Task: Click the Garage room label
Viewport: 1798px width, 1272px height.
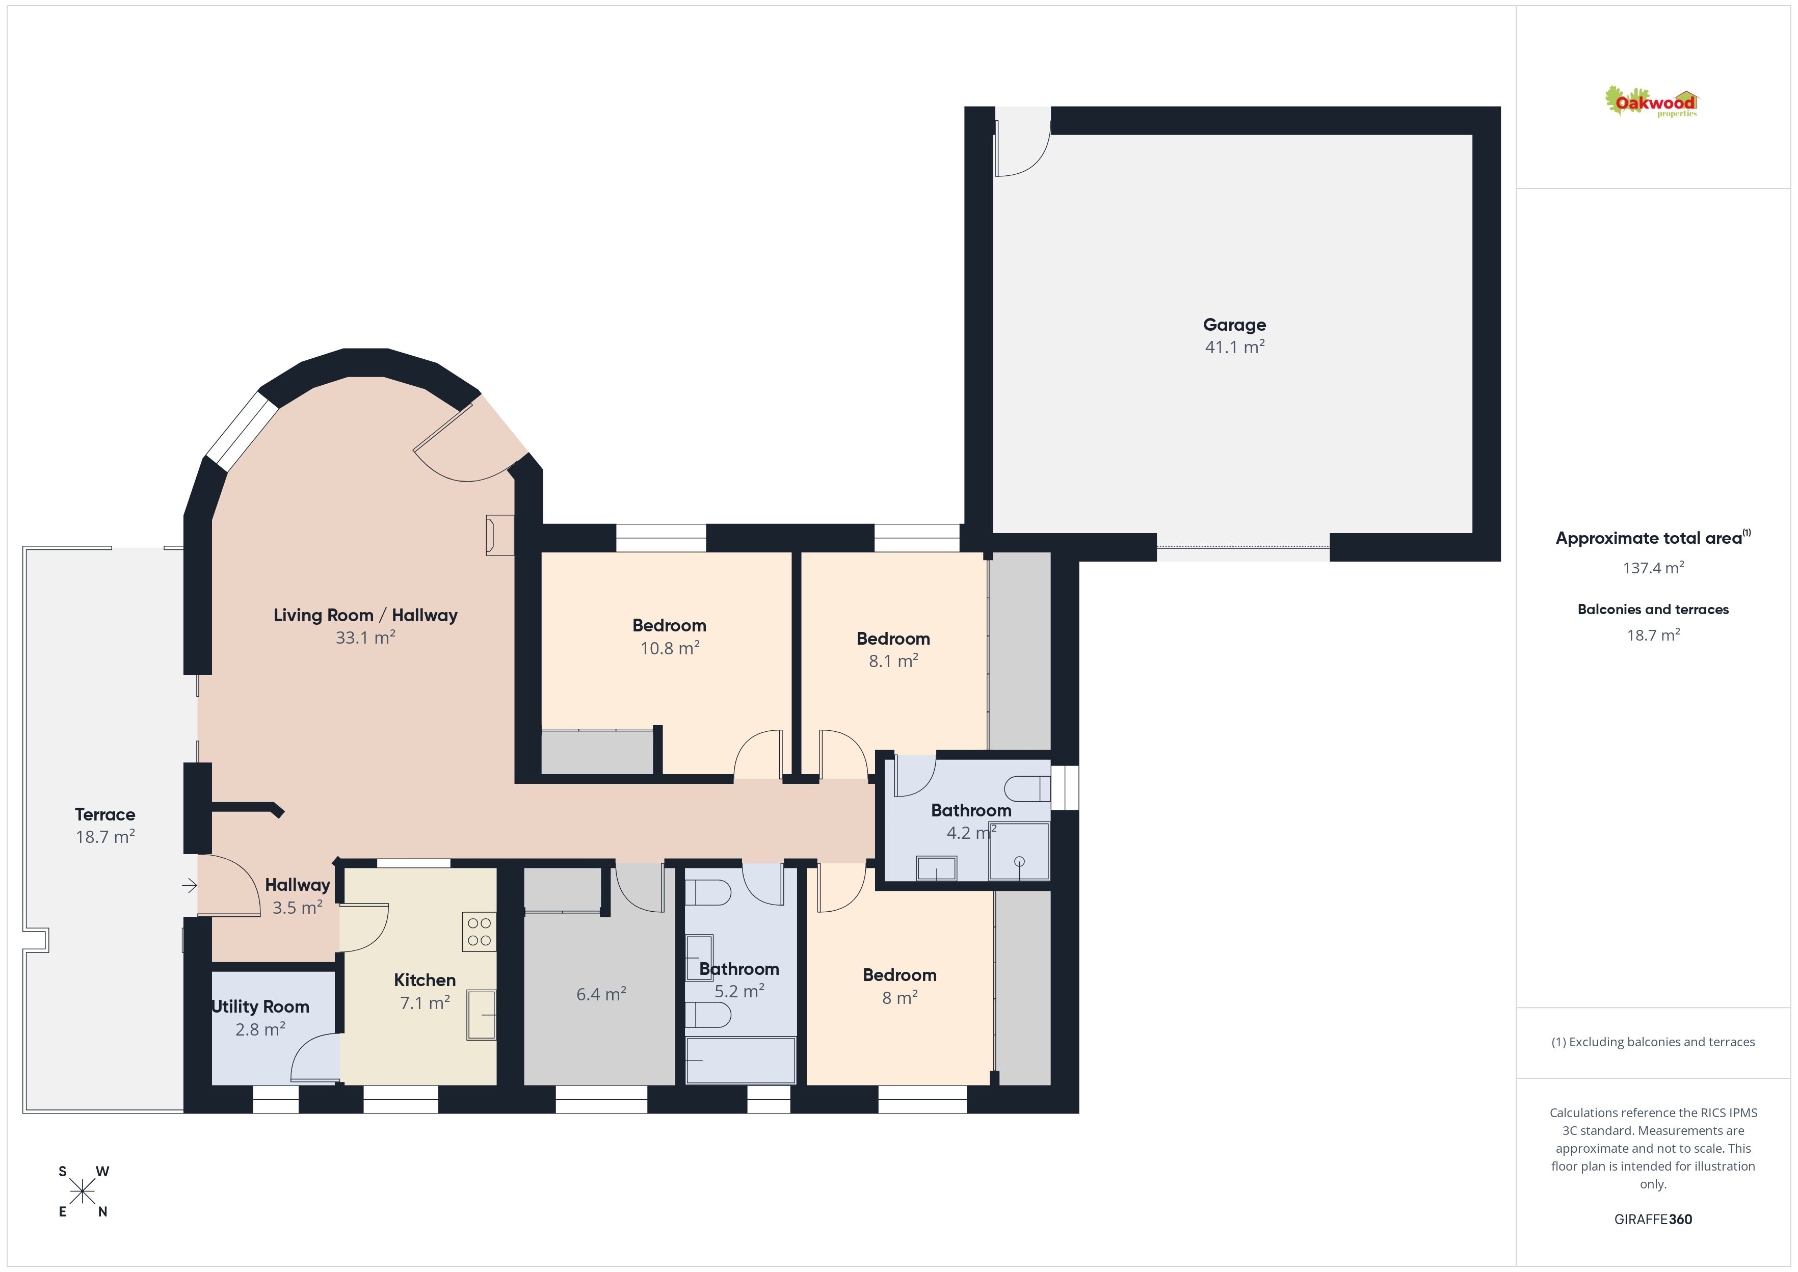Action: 1234,324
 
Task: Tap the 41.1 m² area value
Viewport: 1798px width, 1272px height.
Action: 1235,347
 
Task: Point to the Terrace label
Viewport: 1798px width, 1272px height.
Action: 105,814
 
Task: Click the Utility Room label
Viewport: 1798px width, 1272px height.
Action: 261,1006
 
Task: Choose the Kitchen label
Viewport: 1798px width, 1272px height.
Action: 425,980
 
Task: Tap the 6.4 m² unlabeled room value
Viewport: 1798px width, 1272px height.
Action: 601,994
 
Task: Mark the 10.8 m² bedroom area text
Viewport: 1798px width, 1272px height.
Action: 670,648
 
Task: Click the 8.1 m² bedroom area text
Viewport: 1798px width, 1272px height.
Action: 893,661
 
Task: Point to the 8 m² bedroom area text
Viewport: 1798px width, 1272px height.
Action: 900,998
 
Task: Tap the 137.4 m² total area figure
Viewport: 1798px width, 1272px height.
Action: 1653,568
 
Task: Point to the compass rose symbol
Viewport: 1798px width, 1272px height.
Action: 82,1192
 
